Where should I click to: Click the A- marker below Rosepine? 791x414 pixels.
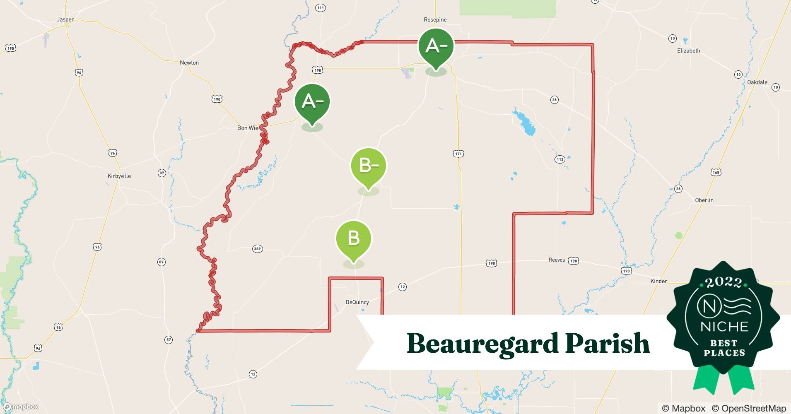[x=436, y=46]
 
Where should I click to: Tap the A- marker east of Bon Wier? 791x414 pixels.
[x=312, y=102]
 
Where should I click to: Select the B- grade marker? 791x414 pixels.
[x=368, y=166]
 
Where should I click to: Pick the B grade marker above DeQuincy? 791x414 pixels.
[x=353, y=239]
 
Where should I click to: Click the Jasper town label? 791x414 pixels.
[x=65, y=19]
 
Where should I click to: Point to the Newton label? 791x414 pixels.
[x=189, y=63]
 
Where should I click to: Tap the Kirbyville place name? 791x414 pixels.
[x=119, y=176]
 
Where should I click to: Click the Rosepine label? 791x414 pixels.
[x=435, y=19]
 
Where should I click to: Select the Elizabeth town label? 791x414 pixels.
[x=689, y=51]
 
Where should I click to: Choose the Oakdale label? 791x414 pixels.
[x=757, y=82]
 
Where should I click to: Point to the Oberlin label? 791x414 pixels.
[x=704, y=200]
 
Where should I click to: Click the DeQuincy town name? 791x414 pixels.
[x=357, y=302]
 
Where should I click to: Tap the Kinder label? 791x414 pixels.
[x=658, y=281]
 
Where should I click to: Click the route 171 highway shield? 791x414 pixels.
[x=458, y=154]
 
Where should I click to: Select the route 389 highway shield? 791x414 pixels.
[x=257, y=249]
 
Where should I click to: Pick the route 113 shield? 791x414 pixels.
[x=560, y=159]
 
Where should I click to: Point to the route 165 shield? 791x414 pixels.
[x=716, y=172]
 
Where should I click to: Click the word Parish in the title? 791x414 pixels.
[x=607, y=344]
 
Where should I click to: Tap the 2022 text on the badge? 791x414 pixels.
[x=723, y=282]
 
